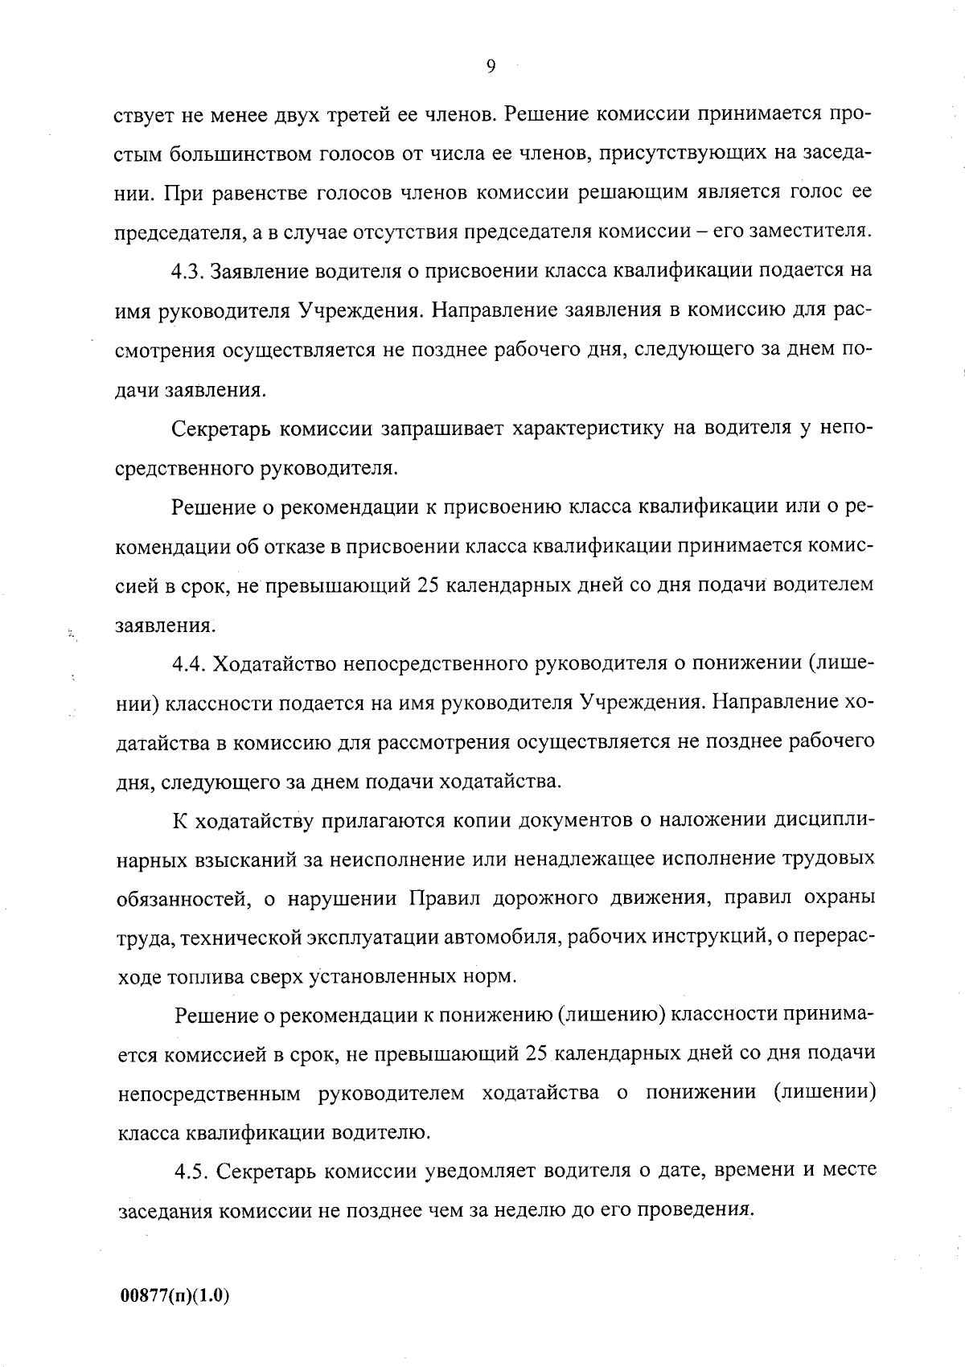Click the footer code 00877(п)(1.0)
tap(175, 1296)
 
